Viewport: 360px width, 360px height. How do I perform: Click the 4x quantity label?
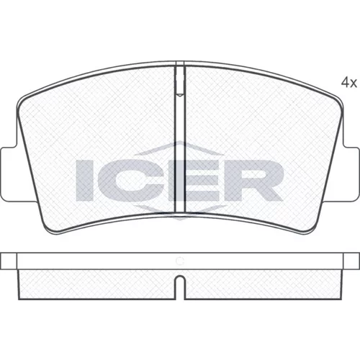(x=349, y=83)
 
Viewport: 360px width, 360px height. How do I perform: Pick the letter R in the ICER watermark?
(x=254, y=181)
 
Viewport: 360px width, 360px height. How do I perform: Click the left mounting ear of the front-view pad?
(x=9, y=174)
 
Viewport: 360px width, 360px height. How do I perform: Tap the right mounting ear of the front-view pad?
(x=351, y=174)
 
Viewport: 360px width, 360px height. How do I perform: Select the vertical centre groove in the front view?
(x=180, y=139)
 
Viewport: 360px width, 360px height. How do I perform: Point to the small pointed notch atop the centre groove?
(x=180, y=95)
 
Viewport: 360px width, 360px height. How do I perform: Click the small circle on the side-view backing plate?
(x=180, y=261)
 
